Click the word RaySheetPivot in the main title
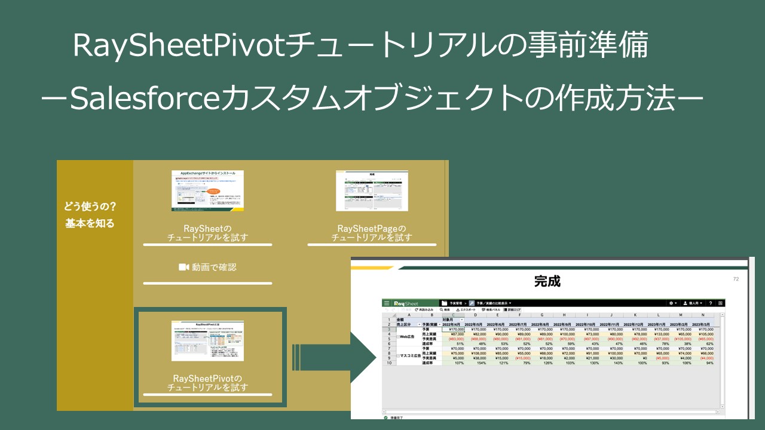click(x=179, y=47)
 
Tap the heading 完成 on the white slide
click(x=547, y=281)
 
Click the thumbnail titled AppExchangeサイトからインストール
click(x=207, y=191)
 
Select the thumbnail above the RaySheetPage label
click(x=371, y=191)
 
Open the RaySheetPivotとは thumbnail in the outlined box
click(x=207, y=340)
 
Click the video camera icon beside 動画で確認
click(x=183, y=267)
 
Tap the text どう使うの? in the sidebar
click(x=90, y=207)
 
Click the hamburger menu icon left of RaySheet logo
click(x=387, y=303)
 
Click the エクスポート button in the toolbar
click(x=466, y=310)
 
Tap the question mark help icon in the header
click(x=710, y=303)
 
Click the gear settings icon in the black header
click(x=672, y=303)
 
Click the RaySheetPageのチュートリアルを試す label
click(x=372, y=233)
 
